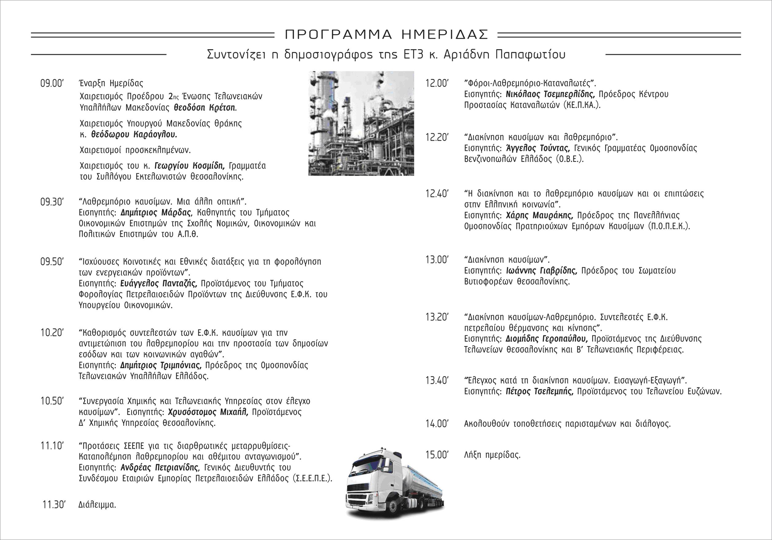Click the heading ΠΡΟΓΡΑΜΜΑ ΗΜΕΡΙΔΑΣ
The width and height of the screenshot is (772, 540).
[386, 34]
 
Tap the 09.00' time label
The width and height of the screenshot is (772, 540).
[52, 83]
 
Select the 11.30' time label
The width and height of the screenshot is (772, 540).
[54, 505]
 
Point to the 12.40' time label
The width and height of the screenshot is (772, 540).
[437, 194]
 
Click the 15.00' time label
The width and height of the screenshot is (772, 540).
[437, 455]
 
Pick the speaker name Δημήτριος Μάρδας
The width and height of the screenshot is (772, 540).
[156, 213]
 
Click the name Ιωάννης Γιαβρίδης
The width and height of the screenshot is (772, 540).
[541, 271]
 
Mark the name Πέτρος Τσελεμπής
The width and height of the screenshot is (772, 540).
[539, 391]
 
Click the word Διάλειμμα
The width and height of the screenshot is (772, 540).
[97, 505]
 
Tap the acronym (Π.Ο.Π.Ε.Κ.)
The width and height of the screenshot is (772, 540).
[669, 226]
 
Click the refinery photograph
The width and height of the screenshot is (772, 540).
[361, 123]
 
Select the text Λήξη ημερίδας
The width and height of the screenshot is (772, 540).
[492, 455]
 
